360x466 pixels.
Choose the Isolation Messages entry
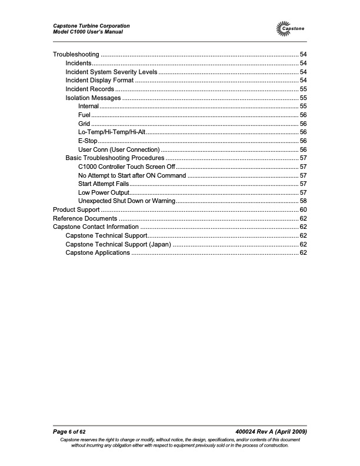(x=93, y=98)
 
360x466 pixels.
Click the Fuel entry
(x=83, y=115)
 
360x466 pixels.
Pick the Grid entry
(x=84, y=124)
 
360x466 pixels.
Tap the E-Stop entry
(x=88, y=141)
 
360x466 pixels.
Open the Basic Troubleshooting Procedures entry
(x=114, y=158)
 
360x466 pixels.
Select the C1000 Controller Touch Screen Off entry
(x=126, y=167)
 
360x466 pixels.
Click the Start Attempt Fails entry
(x=104, y=184)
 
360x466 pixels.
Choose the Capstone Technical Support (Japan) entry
(x=118, y=244)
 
